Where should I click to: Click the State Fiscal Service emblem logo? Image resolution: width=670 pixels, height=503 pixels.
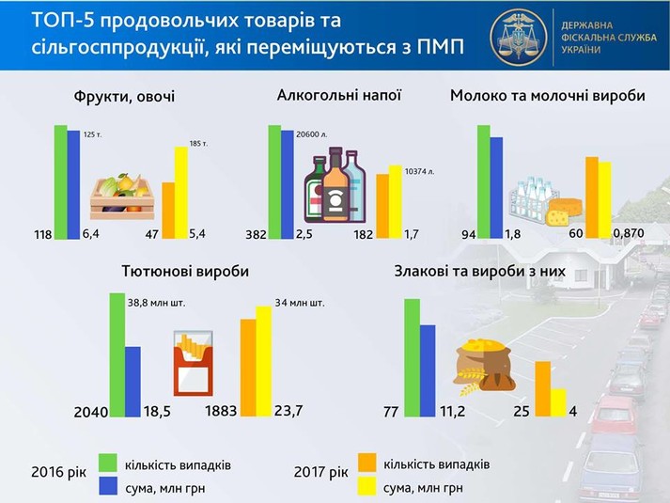click(x=519, y=38)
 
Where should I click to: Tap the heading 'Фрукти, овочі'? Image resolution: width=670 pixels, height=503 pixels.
click(x=124, y=97)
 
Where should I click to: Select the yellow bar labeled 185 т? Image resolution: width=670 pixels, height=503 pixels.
click(x=181, y=193)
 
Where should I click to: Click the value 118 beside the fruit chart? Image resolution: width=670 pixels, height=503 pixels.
click(x=42, y=234)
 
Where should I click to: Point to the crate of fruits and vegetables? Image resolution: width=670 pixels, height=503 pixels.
click(x=122, y=196)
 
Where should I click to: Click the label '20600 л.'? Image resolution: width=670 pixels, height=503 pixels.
click(x=311, y=134)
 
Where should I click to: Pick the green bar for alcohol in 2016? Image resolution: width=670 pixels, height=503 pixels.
click(x=274, y=182)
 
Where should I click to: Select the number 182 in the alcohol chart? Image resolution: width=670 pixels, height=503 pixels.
click(x=364, y=234)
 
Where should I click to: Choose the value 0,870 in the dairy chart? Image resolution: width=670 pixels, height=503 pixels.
click(x=629, y=233)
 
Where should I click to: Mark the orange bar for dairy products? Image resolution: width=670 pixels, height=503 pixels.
click(x=592, y=197)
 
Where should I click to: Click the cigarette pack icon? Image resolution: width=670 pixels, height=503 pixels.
click(x=193, y=363)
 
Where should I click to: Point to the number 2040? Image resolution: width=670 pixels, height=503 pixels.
click(x=91, y=412)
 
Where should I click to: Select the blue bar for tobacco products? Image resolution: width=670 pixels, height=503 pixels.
click(x=132, y=382)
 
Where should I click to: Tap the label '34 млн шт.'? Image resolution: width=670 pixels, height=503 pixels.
click(x=300, y=303)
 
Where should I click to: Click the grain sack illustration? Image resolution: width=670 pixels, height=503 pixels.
click(x=484, y=366)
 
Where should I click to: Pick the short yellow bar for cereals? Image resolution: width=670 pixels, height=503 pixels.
click(x=558, y=402)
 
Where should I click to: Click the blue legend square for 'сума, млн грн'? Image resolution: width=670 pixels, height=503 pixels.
click(x=108, y=486)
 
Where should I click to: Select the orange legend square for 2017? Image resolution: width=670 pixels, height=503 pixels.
click(x=367, y=463)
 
